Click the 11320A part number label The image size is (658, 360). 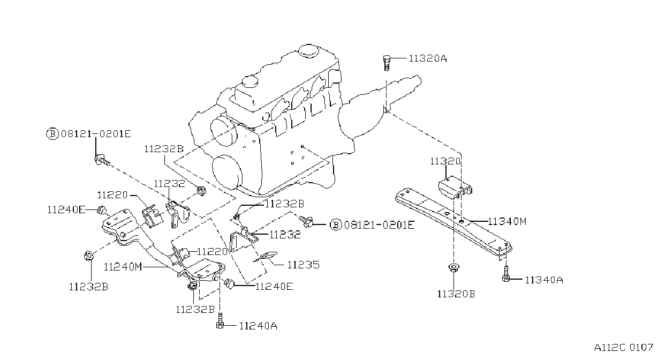428,58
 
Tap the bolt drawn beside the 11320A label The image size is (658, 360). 387,63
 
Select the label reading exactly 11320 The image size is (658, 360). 445,161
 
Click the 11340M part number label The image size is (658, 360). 507,221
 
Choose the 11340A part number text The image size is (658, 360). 544,280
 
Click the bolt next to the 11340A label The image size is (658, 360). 506,274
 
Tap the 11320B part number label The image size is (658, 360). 456,294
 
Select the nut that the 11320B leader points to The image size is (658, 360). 454,268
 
